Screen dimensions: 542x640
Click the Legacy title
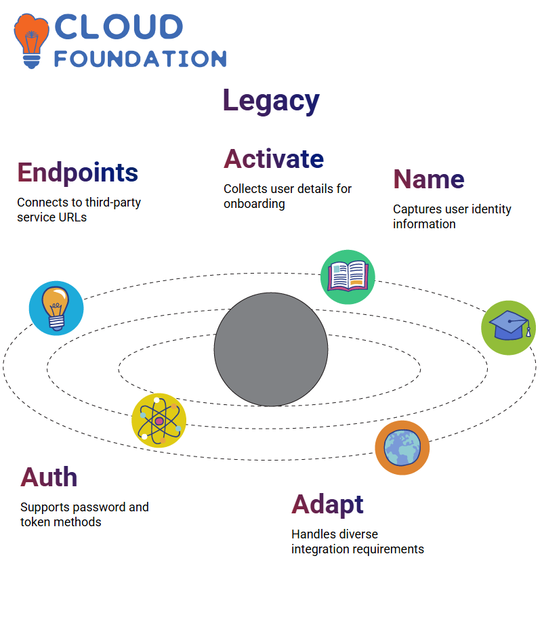click(271, 101)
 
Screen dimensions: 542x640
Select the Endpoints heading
click(78, 173)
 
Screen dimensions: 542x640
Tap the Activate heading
click(274, 158)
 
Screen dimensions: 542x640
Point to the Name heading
click(429, 179)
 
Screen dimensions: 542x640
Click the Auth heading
click(49, 477)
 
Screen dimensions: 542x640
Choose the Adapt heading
click(327, 505)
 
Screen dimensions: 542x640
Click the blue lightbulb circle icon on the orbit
click(56, 308)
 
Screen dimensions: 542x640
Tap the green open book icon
click(348, 277)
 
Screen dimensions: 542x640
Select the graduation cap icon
click(509, 328)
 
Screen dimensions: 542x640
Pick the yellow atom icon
click(159, 421)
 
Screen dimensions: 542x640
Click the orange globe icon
click(402, 448)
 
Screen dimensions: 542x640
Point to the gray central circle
click(271, 349)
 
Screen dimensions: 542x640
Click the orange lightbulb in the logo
click(31, 41)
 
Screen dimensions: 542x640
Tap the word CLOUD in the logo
click(119, 27)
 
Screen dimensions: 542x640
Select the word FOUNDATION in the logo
click(140, 59)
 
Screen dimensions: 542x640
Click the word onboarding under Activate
click(254, 204)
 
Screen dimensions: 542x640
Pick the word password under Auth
click(100, 507)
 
